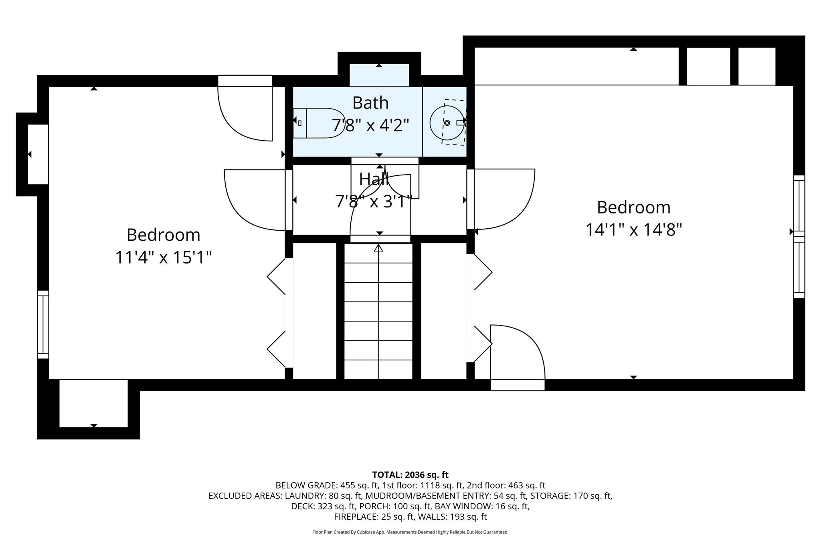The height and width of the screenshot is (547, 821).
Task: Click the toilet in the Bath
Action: tap(317, 123)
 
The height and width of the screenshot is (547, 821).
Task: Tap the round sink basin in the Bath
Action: tap(447, 123)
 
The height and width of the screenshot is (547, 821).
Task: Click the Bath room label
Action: tap(370, 103)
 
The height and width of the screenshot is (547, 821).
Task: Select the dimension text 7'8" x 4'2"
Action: tap(370, 125)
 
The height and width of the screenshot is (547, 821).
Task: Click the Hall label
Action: tap(374, 179)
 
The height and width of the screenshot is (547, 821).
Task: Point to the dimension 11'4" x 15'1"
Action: tap(163, 257)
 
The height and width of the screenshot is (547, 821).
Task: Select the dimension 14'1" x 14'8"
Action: tap(634, 230)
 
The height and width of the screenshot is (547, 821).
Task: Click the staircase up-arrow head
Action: tap(378, 248)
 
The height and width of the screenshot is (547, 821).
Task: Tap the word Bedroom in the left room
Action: tap(163, 235)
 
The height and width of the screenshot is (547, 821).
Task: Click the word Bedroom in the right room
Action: tap(634, 207)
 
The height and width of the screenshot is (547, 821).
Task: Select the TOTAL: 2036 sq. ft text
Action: tap(410, 475)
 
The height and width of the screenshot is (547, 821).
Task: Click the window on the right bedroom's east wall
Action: tap(799, 236)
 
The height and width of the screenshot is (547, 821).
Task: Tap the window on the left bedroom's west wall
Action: tap(43, 324)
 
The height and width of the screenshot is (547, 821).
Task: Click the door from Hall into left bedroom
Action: tap(257, 200)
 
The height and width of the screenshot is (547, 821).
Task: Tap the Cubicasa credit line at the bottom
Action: tap(410, 532)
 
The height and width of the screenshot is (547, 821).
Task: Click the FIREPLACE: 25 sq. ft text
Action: tap(374, 517)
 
